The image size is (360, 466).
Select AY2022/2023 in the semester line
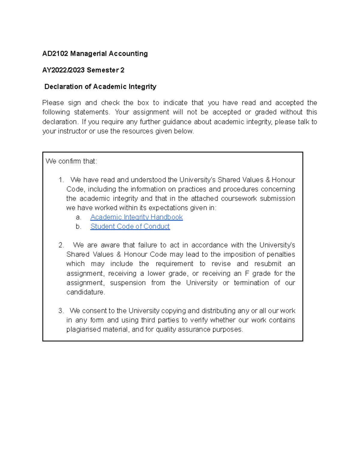[x=63, y=70]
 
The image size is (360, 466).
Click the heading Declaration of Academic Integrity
[x=100, y=87]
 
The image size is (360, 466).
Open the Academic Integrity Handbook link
[x=136, y=217]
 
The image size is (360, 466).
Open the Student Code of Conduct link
[x=130, y=227]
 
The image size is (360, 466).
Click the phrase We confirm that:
[x=71, y=161]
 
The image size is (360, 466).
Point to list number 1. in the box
[x=61, y=180]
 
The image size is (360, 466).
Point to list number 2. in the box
[x=61, y=245]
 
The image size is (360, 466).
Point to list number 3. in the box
[x=61, y=311]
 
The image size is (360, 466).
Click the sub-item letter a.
[x=78, y=217]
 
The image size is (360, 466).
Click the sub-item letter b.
[x=78, y=227]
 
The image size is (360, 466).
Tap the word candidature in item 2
[x=85, y=292]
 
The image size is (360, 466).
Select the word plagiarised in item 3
[x=83, y=329]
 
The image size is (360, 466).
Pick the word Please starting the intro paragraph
[x=53, y=103]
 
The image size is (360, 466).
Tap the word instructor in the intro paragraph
[x=72, y=131]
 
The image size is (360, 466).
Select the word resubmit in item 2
[x=268, y=264]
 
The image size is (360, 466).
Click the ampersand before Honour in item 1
[x=268, y=180]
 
